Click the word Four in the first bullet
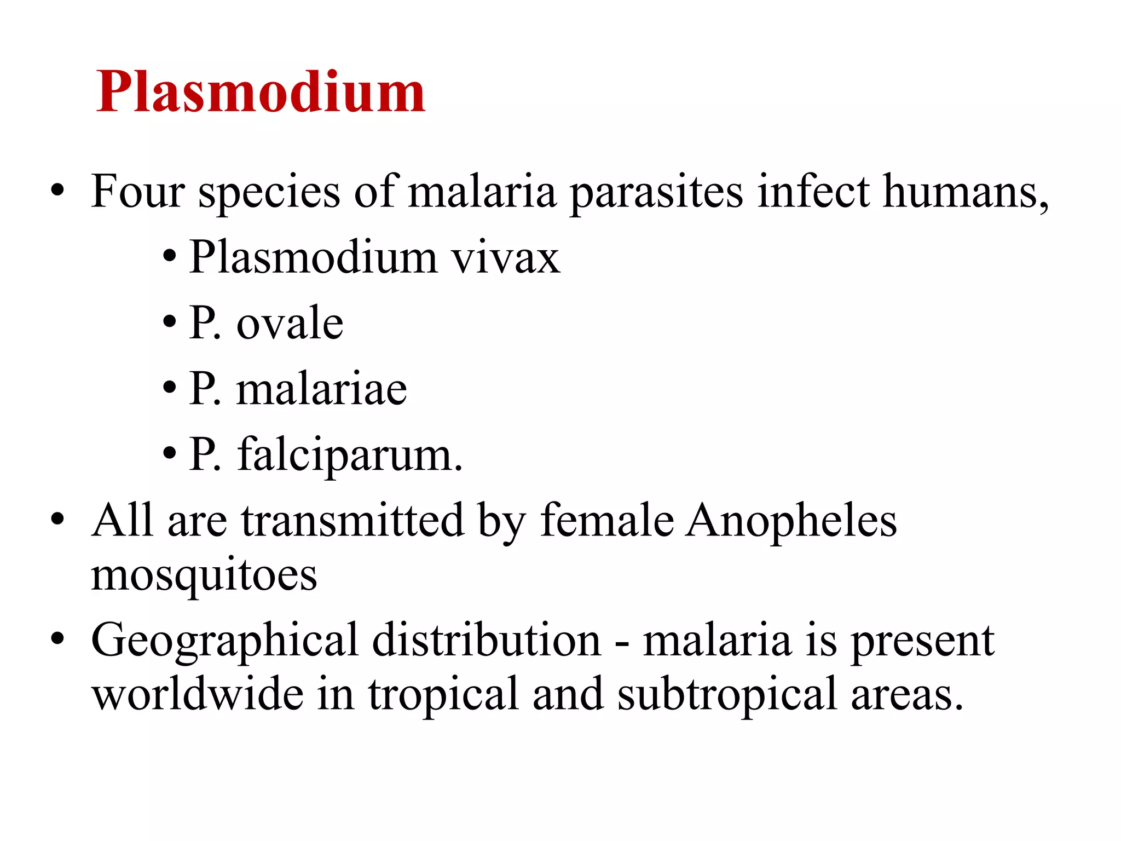[138, 191]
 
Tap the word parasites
[656, 193]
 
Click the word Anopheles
[791, 521]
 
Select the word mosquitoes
[204, 576]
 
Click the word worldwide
[197, 694]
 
